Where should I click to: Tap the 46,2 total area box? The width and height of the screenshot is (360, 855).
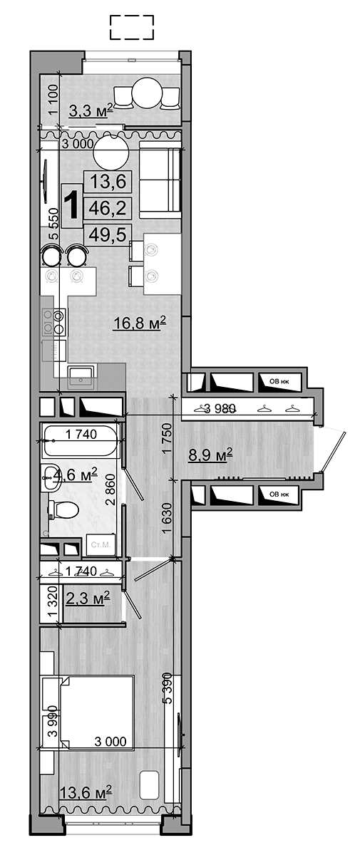tap(106, 208)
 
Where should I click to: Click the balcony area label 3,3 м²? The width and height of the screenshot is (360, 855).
tap(91, 110)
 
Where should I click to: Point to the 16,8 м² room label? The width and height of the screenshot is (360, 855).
tap(140, 324)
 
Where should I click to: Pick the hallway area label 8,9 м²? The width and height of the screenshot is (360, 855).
tap(210, 454)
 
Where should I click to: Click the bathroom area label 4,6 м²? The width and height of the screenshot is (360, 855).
tap(73, 473)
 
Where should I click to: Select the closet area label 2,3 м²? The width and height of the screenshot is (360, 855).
tap(87, 596)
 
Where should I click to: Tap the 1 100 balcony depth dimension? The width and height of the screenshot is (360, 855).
tap(51, 100)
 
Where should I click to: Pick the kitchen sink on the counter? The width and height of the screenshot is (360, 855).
tap(82, 377)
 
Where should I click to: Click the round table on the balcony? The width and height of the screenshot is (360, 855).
tap(147, 91)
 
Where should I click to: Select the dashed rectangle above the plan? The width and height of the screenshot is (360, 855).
tap(132, 28)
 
